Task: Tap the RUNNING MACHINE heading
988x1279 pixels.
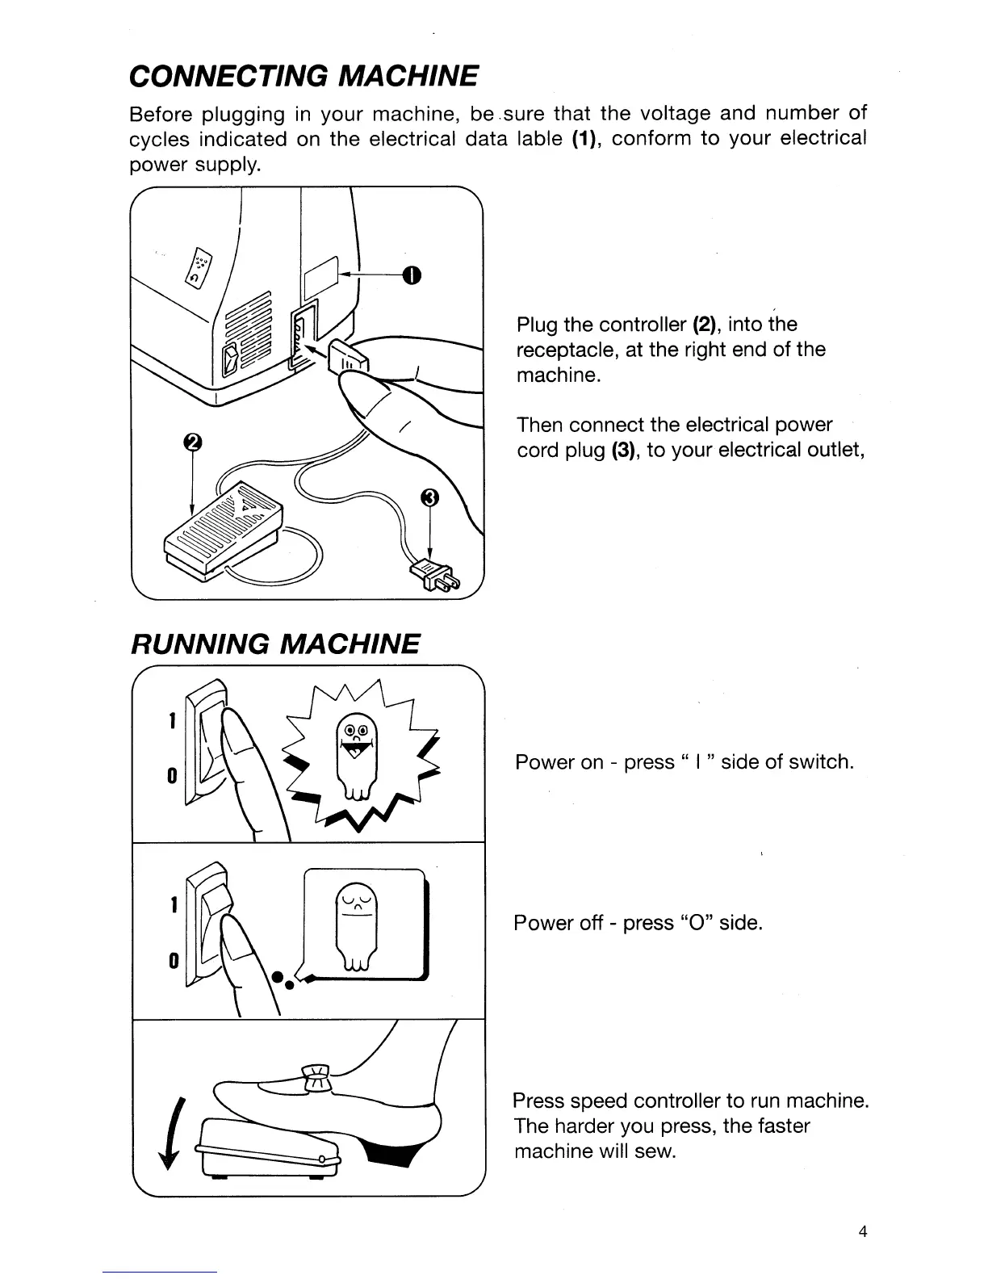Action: click(274, 644)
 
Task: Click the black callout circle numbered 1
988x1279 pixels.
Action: click(412, 276)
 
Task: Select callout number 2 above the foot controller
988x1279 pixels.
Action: click(191, 442)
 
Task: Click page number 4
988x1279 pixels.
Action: click(863, 1232)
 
